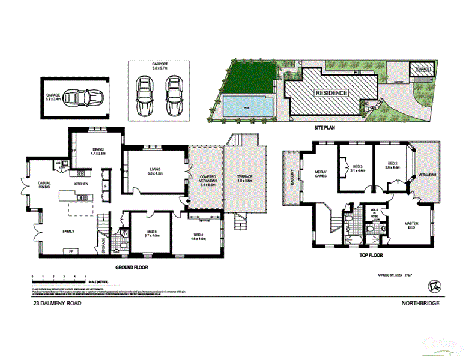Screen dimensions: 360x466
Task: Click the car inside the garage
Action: [83, 97]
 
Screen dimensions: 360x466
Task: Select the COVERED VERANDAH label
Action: [206, 180]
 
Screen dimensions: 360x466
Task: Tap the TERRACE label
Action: [245, 178]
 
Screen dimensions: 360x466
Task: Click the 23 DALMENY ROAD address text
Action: [57, 304]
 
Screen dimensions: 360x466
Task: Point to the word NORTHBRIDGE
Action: [420, 304]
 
